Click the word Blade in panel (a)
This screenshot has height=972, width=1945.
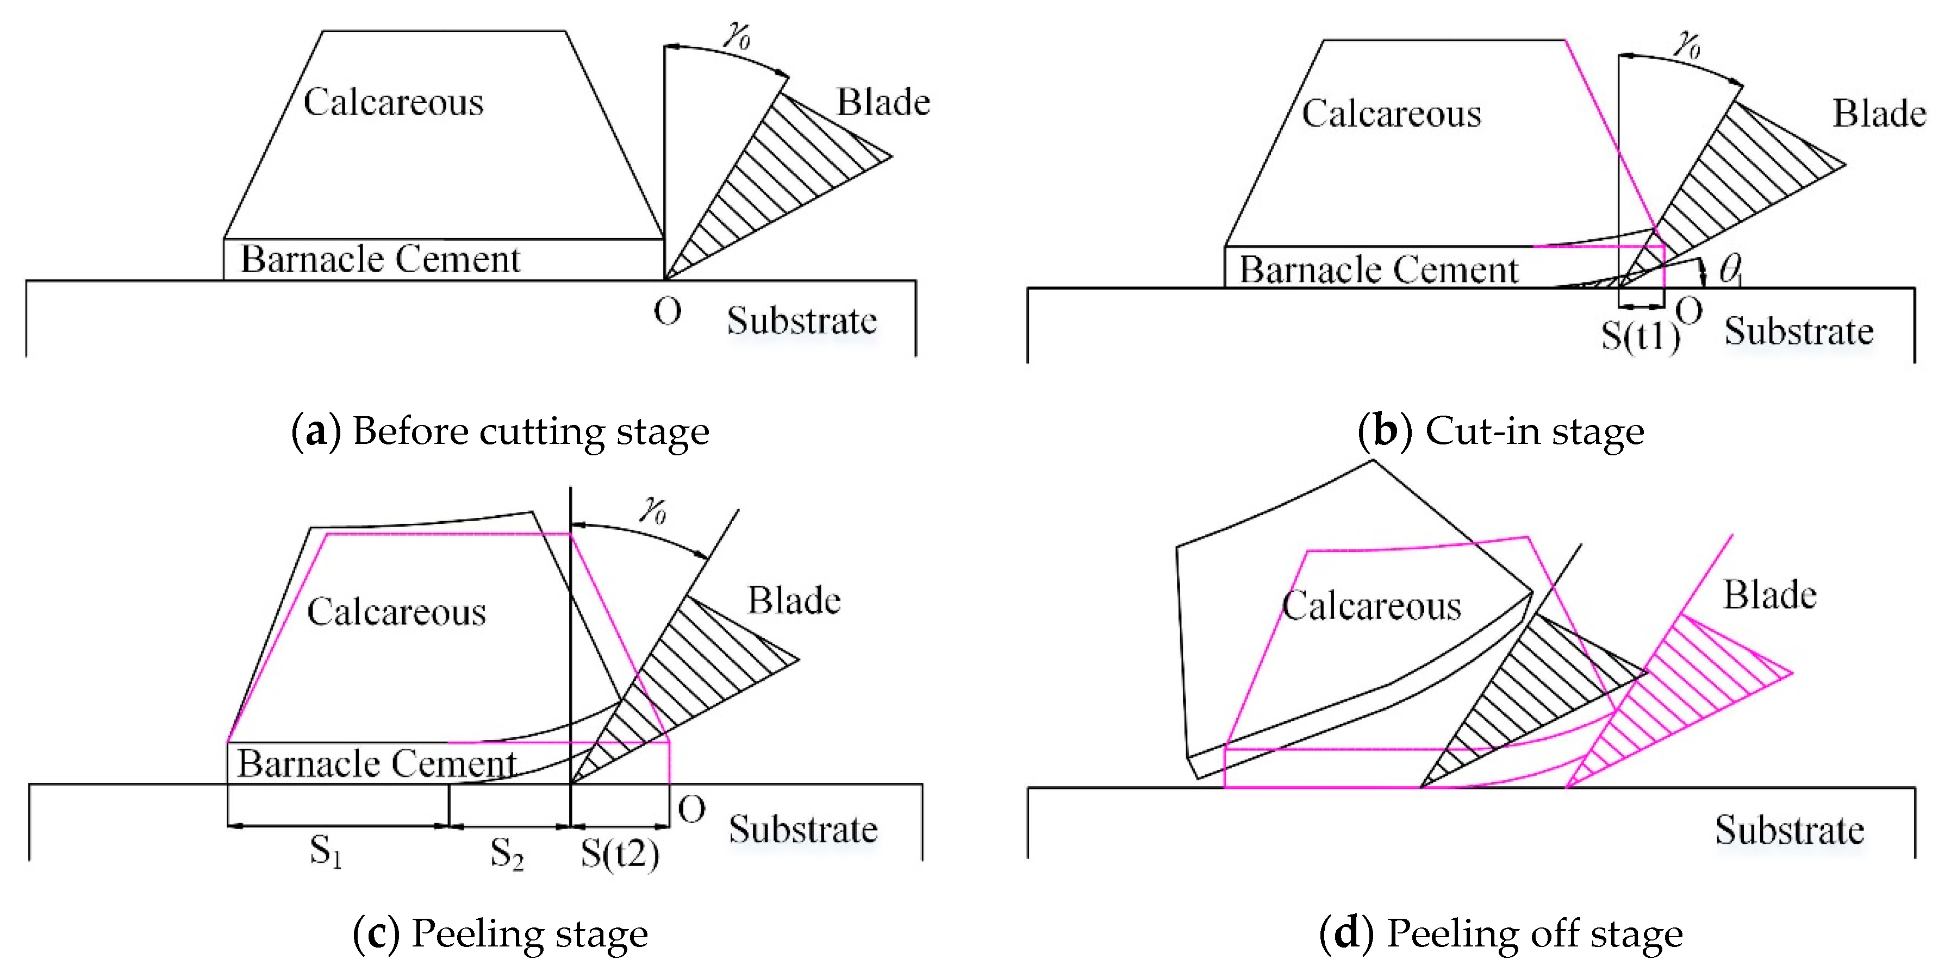coord(883,102)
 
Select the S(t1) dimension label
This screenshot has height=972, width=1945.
coord(1640,335)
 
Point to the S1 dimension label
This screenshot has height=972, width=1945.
coord(326,851)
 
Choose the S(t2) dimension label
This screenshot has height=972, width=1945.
coord(619,854)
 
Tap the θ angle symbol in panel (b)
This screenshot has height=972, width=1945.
coord(1729,269)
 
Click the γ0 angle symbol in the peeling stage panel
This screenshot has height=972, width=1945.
coord(652,510)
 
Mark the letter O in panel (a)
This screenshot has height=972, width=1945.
coord(668,311)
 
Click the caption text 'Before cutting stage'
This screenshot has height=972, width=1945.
coord(530,431)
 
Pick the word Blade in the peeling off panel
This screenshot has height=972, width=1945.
coord(1769,595)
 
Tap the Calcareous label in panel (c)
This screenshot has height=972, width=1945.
coord(396,611)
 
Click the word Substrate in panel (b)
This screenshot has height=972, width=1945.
coord(1799,331)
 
